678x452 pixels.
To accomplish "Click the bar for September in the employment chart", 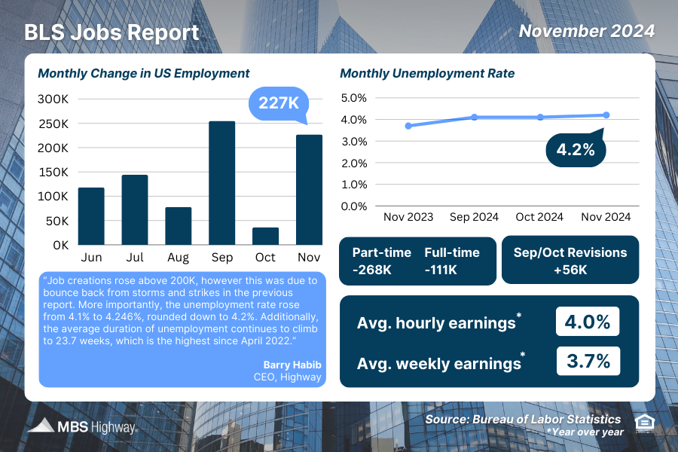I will coord(221,183).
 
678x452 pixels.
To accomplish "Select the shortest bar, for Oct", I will coord(265,236).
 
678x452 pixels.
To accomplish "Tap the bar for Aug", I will coord(179,226).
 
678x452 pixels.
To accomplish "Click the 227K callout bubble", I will coord(278,102).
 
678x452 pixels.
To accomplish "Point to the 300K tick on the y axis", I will coord(53,99).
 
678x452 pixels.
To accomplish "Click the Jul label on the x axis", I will coord(135,258).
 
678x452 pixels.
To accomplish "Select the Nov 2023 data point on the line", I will coord(408,126).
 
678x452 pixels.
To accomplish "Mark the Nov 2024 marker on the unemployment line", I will coord(606,115).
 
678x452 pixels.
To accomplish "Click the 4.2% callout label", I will coord(576,150).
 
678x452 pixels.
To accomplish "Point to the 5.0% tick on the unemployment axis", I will coord(353,98).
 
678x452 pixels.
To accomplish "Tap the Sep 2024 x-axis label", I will coord(474,217).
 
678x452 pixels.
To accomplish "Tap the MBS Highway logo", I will coord(83,427).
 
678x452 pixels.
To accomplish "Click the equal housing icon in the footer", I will coord(644,423).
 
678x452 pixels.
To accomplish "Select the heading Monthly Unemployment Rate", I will coord(427,74).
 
